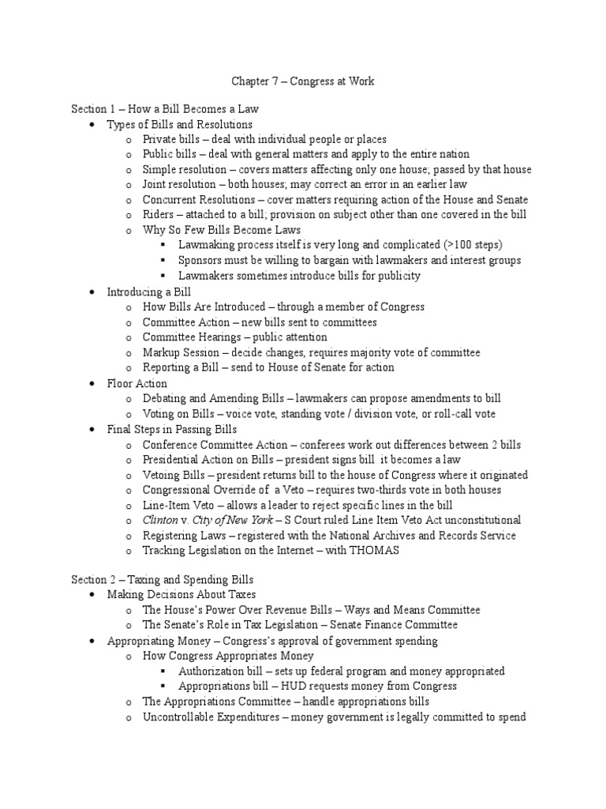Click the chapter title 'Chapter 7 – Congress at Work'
(303, 81)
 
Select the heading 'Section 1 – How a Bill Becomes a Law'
(165, 109)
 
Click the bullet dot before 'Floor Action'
(92, 384)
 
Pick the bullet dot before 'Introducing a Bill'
(92, 292)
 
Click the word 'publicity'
(398, 276)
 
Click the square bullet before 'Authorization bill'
(163, 672)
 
